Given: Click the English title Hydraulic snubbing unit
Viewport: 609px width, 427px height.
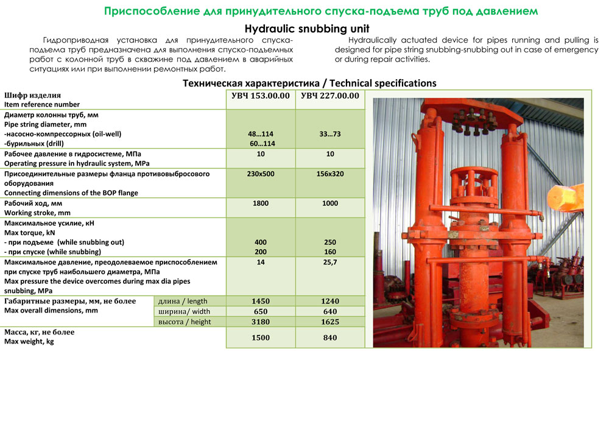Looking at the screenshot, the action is [307, 29].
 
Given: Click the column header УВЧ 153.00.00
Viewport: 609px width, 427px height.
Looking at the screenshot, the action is [261, 96].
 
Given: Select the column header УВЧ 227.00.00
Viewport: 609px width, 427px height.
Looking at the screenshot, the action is [330, 96].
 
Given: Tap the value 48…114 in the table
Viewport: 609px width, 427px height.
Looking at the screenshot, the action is [261, 134].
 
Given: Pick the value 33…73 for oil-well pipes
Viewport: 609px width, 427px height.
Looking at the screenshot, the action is [330, 134].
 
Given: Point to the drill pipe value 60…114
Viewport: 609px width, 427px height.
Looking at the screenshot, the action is [262, 144].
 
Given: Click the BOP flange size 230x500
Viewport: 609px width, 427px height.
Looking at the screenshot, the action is [261, 174].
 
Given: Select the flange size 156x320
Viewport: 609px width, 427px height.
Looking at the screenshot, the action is [330, 174].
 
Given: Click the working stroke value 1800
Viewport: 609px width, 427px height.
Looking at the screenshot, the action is [261, 203].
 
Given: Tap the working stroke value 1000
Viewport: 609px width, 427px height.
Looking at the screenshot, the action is [330, 203].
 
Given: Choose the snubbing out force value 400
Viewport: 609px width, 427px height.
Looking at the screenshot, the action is [261, 242].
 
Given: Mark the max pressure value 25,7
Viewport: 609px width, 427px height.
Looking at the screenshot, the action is [330, 263].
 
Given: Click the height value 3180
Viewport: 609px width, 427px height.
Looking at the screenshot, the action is [261, 322].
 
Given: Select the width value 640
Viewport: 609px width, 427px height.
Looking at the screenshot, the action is [330, 312].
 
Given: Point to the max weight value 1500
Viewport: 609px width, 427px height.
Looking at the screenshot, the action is [261, 337].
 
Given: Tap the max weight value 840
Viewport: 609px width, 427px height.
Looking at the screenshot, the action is [330, 337].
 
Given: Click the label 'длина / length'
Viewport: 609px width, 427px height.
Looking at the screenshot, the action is [183, 301].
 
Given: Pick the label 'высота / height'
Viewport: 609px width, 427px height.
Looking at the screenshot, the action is [185, 322].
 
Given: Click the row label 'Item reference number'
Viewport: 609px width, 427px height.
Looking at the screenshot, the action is [42, 105].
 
